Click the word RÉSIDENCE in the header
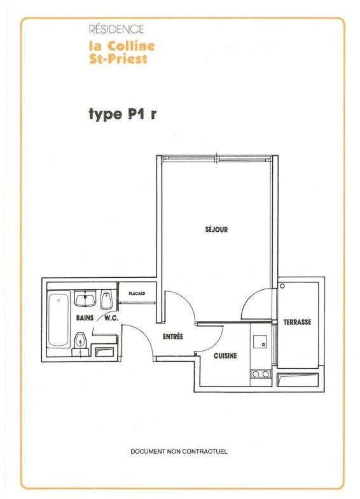pos(116,29)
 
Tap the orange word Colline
pos(131,46)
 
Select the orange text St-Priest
pos(118,59)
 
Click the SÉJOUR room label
pos(216,229)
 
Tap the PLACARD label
pos(137,294)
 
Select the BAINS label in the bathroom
pos(85,318)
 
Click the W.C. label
pos(111,318)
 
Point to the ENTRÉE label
pos(173,336)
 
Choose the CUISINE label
pos(225,355)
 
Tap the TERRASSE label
pos(297,322)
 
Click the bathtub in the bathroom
pos(59,320)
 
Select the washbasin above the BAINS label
pos(85,299)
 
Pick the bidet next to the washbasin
pos(106,300)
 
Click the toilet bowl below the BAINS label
pos(80,341)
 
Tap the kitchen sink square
pos(260,341)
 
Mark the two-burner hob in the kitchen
pos(261,374)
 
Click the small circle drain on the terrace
pos(282,286)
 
